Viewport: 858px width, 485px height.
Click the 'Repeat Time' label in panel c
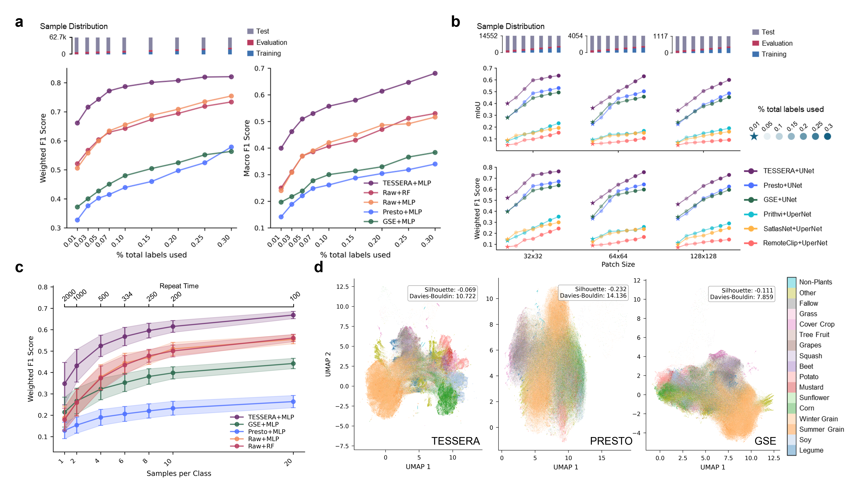tap(179, 286)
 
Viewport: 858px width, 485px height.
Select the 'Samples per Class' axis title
tap(179, 473)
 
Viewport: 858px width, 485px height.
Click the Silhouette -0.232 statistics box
tap(593, 292)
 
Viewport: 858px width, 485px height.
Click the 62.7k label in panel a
tap(58, 37)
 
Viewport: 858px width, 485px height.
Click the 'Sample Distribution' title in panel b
tap(510, 26)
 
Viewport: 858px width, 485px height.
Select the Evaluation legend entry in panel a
tap(271, 42)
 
